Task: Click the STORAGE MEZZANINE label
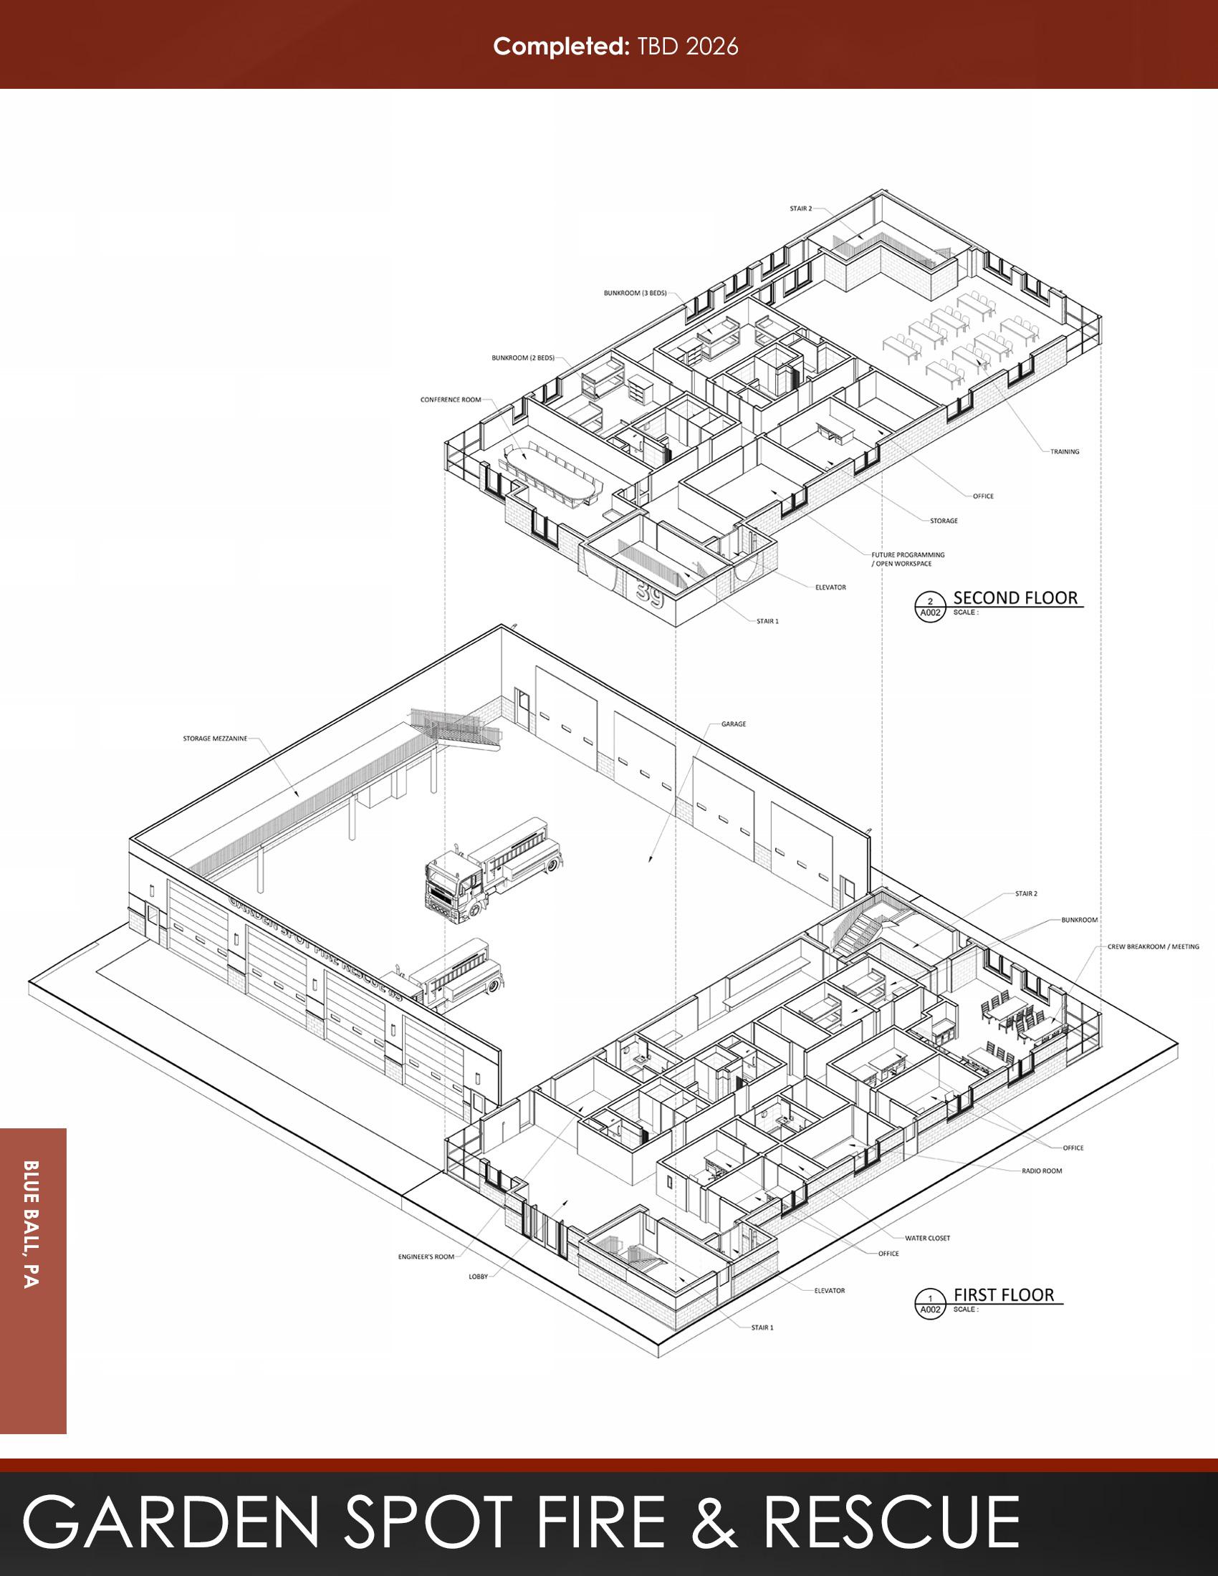coord(214,738)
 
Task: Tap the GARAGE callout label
coord(733,724)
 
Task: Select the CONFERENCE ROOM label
coord(450,399)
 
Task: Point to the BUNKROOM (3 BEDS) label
coord(635,293)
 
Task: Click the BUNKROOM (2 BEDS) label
coord(523,358)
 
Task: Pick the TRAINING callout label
coord(1064,452)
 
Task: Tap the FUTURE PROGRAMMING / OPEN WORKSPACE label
coord(907,559)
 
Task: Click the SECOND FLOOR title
coord(1015,597)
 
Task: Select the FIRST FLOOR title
coord(1004,1294)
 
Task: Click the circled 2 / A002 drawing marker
coord(930,607)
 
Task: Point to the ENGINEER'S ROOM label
coord(426,1257)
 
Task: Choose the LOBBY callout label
coord(478,1277)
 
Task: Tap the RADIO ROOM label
coord(1041,1171)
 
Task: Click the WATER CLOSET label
coord(927,1238)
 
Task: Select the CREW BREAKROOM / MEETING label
coord(1153,946)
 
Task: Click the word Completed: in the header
coord(562,47)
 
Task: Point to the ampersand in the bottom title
coord(714,1522)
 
